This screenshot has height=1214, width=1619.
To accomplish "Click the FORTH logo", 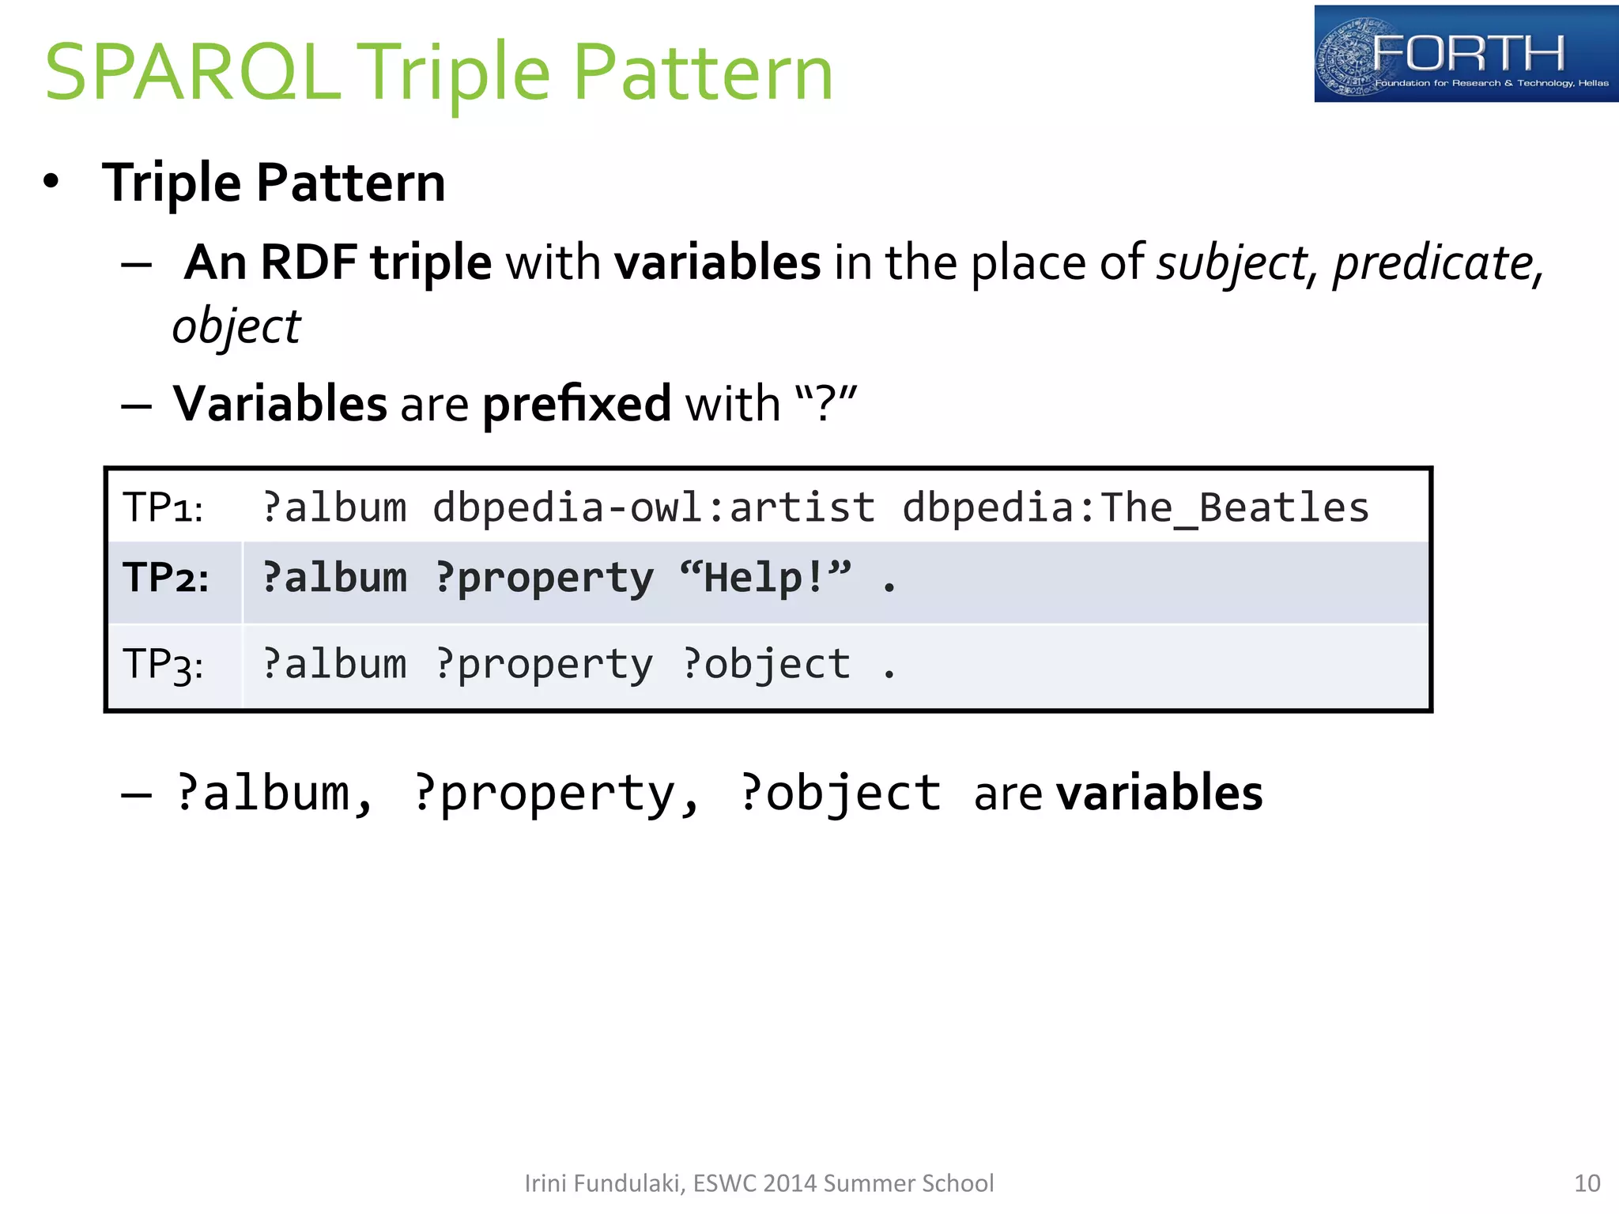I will pyautogui.click(x=1465, y=54).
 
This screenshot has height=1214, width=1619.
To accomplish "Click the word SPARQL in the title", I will pyautogui.click(x=192, y=73).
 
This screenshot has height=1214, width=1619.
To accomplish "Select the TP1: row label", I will pyautogui.click(x=163, y=507).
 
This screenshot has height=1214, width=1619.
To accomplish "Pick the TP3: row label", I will pyautogui.click(x=163, y=664).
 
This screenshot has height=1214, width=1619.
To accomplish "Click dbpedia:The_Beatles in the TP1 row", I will pyautogui.click(x=1135, y=507).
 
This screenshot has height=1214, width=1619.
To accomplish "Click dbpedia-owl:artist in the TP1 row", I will pyautogui.click(x=654, y=507).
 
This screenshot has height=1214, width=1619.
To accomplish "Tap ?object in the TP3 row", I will pyautogui.click(x=766, y=664).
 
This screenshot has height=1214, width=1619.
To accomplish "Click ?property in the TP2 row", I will pyautogui.click(x=544, y=578).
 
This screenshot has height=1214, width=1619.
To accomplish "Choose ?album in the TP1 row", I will pyautogui.click(x=334, y=507).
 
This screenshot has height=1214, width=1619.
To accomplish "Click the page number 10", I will pyautogui.click(x=1587, y=1183).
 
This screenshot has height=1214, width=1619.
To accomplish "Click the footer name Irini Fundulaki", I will pyautogui.click(x=604, y=1183).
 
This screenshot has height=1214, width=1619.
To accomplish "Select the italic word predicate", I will pyautogui.click(x=1433, y=262).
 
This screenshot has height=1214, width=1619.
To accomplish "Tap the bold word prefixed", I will pyautogui.click(x=576, y=404).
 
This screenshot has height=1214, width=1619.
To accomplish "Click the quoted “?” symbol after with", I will pyautogui.click(x=825, y=404).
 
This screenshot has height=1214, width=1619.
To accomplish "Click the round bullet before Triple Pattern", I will pyautogui.click(x=51, y=182).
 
